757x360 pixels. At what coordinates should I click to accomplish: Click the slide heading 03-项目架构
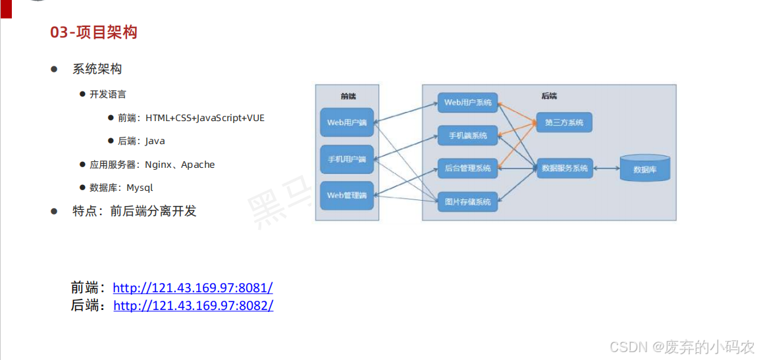click(x=93, y=32)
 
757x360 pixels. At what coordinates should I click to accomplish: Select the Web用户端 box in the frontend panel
click(x=346, y=122)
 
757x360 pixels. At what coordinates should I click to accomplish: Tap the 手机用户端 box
click(x=346, y=159)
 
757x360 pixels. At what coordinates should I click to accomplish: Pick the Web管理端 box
click(x=346, y=195)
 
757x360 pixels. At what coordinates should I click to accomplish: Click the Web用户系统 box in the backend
click(x=467, y=103)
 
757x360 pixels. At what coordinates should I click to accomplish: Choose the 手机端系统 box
click(x=467, y=136)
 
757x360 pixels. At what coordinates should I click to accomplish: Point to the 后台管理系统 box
click(x=467, y=168)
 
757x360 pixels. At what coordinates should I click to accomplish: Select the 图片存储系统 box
click(x=467, y=201)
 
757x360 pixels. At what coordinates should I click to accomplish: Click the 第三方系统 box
click(x=564, y=122)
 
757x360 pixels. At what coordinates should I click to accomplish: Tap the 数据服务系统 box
click(x=564, y=168)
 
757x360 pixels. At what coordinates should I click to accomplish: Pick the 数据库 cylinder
click(x=644, y=168)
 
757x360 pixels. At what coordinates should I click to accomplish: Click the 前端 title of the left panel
click(x=348, y=96)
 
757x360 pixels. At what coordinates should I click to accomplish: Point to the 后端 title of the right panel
click(x=549, y=96)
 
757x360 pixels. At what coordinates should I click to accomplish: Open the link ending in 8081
click(x=192, y=288)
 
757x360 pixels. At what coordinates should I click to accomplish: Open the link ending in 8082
click(x=193, y=305)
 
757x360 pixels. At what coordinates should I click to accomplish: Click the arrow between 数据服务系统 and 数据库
click(x=606, y=168)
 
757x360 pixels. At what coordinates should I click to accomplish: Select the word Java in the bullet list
click(x=155, y=141)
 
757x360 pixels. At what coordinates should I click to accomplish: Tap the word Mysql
click(x=140, y=188)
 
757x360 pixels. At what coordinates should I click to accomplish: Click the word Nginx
click(x=159, y=165)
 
